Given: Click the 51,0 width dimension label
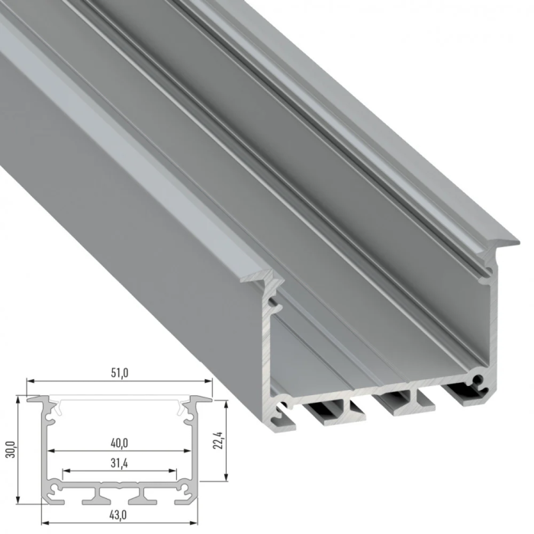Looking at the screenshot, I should pos(119,373).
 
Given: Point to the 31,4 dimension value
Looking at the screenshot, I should pos(119,462).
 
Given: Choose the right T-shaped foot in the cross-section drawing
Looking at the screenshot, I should pos(139,497).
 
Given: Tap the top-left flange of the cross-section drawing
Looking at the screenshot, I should pos(38,399).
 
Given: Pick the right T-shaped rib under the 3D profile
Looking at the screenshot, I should pos(397,401).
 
